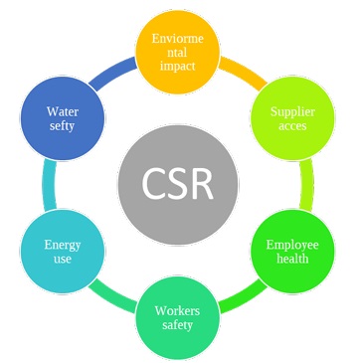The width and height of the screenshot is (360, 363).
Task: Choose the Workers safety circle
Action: point(179,317)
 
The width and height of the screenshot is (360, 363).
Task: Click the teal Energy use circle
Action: point(63,251)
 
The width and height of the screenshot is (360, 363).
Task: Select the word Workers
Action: point(179,310)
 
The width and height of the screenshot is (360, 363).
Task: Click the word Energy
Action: point(63,244)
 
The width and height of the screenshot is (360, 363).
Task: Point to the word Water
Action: point(62,110)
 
